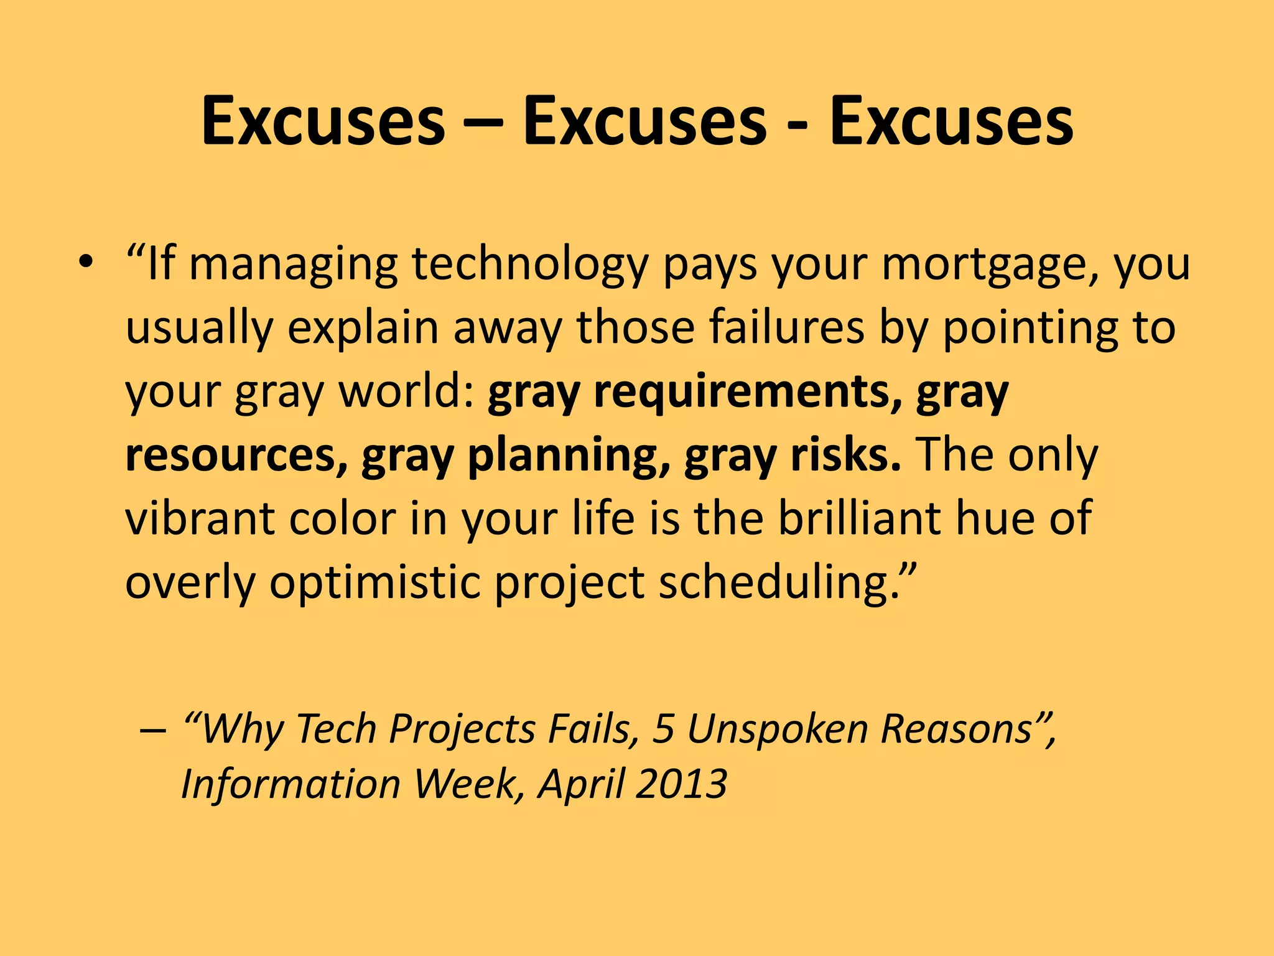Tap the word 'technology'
pyautogui.click(x=530, y=265)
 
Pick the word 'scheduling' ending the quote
pyautogui.click(x=778, y=583)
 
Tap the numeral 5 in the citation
pyautogui.click(x=663, y=729)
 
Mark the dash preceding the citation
pyautogui.click(x=153, y=730)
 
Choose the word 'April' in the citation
pyautogui.click(x=581, y=784)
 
